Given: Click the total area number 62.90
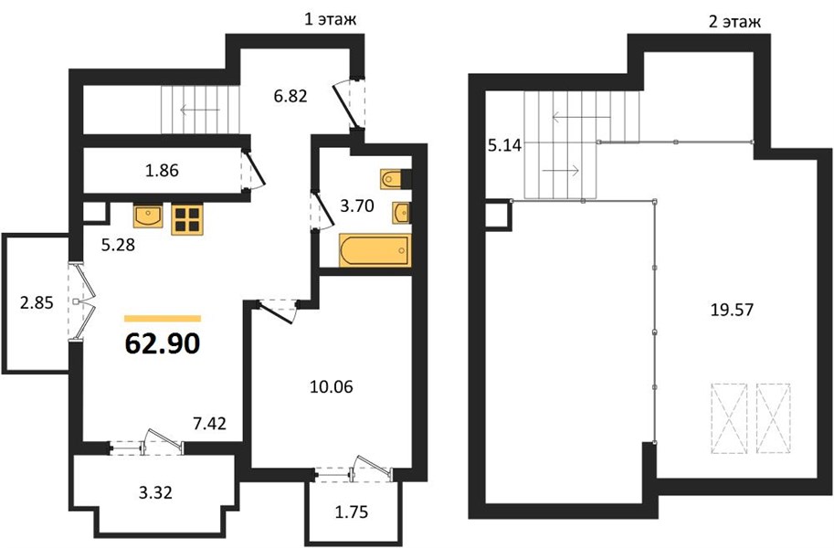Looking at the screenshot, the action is [163, 343].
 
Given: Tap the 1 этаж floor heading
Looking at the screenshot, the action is [330, 20].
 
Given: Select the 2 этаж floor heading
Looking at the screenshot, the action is [734, 22].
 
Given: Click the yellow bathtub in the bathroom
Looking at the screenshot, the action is [375, 250].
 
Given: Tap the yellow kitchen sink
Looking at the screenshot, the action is [148, 216].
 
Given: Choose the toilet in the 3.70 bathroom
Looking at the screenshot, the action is [396, 179].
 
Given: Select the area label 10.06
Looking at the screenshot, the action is [332, 386].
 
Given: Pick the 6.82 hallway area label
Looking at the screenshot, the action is [290, 96].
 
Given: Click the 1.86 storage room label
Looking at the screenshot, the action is [163, 171].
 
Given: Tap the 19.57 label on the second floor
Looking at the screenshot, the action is [733, 309].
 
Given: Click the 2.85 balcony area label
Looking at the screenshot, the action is [37, 302].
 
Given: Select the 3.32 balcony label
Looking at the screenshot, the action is [155, 492].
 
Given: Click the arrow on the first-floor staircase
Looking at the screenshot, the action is [200, 111].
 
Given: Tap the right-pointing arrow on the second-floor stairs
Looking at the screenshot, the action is [561, 170].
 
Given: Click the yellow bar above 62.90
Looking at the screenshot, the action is [163, 319].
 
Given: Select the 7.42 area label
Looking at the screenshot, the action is [209, 424].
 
